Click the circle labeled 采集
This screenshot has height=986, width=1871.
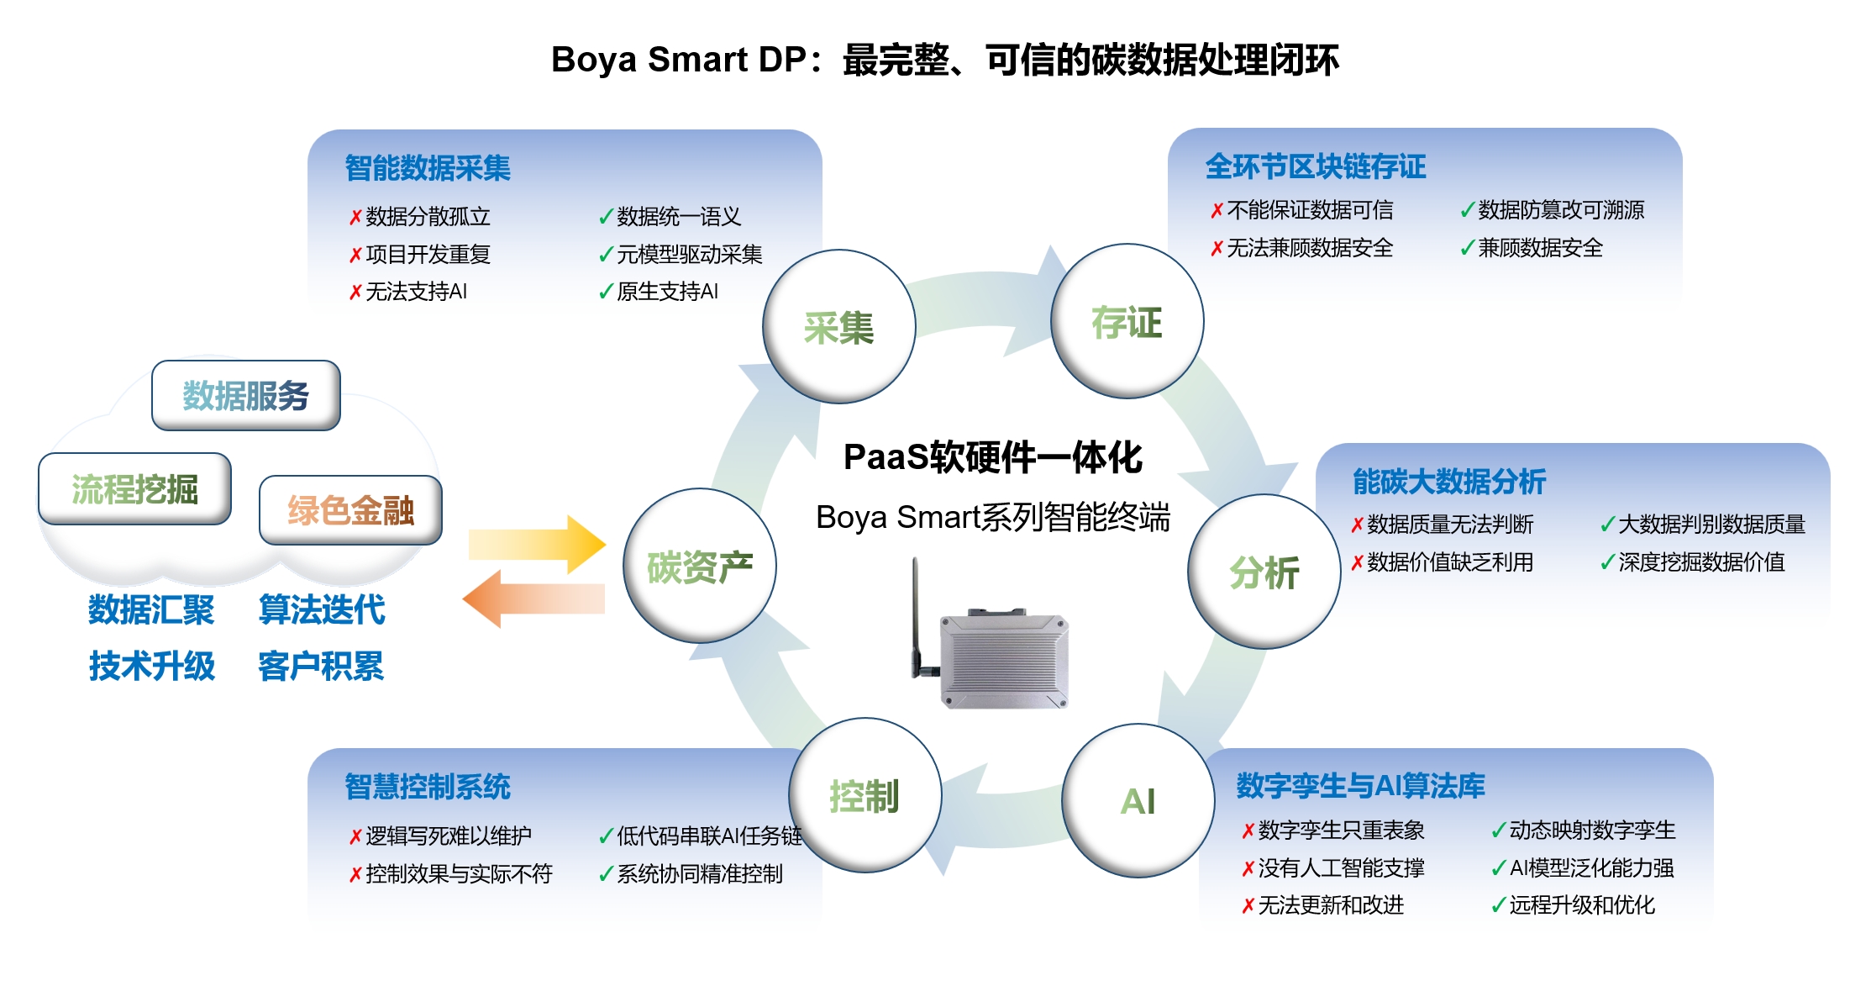point(838,326)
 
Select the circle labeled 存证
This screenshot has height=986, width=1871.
point(1127,321)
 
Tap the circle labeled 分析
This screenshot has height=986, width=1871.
point(1264,572)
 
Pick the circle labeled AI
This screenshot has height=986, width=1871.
point(1138,801)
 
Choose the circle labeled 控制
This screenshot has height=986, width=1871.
point(865,795)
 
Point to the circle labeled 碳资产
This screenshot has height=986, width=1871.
point(699,566)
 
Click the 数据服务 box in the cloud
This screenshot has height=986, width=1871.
point(246,395)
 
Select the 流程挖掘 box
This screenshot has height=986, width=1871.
point(134,488)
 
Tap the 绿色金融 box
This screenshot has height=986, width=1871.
point(350,510)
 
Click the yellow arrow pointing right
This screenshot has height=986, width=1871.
point(537,545)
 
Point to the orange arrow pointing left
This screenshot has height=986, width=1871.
point(533,598)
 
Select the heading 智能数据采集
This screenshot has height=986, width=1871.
point(428,168)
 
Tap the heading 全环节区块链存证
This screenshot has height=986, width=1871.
point(1316,166)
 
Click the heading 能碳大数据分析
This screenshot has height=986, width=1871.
point(1449,482)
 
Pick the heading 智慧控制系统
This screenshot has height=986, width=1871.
point(428,787)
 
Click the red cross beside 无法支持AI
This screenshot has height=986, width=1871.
point(355,292)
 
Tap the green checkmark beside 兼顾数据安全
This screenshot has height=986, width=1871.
point(1468,248)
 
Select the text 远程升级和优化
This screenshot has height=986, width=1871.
point(1582,905)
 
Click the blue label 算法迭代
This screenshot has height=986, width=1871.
point(322,609)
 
